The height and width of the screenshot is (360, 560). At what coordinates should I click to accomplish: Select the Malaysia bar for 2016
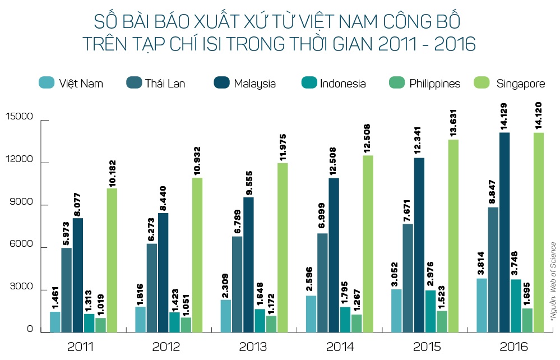point(505,233)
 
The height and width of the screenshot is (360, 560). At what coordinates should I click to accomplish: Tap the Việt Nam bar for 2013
point(226,316)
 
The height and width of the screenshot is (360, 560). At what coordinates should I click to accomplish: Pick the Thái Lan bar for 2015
point(408,278)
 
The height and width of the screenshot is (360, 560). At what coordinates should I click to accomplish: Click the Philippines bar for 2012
point(186,325)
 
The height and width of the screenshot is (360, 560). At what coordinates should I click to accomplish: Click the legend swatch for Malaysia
point(222,83)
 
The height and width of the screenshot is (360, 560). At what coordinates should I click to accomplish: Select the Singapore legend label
point(521,84)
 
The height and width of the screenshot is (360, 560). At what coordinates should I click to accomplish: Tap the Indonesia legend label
point(343,84)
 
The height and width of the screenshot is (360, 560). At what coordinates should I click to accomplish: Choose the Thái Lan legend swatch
point(135,83)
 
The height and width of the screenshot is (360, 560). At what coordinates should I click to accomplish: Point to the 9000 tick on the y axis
point(22,205)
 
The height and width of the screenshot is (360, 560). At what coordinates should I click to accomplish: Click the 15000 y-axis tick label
point(20,119)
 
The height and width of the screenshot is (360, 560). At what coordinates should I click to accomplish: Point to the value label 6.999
point(322,214)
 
